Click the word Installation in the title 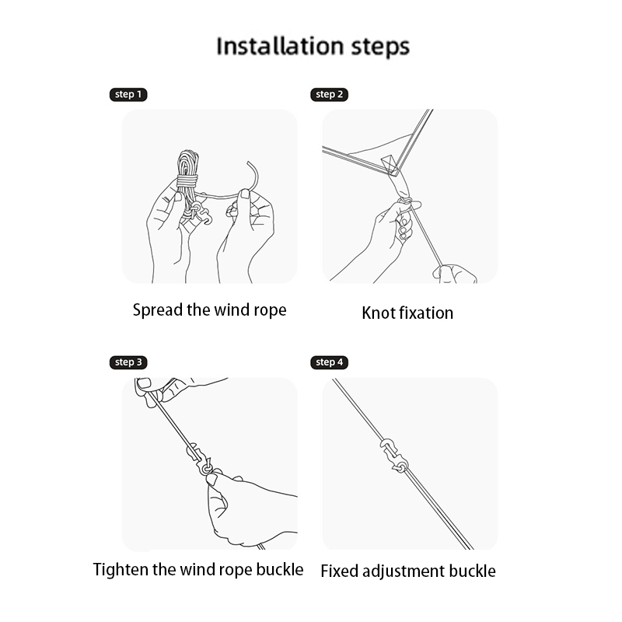(x=280, y=46)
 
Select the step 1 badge (x=128, y=94)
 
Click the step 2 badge (x=329, y=94)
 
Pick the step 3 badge (x=128, y=362)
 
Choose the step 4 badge (x=329, y=362)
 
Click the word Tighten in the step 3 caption (x=121, y=570)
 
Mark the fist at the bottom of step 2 (x=454, y=274)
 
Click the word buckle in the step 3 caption (x=280, y=570)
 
